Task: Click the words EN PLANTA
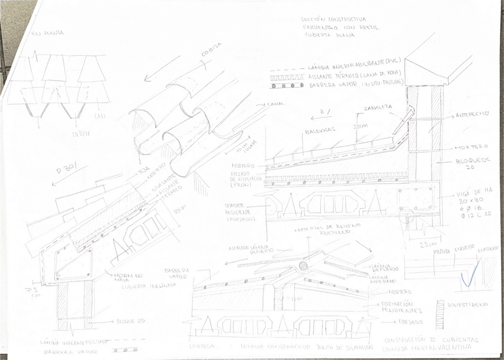(48, 34)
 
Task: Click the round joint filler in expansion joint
(303, 266)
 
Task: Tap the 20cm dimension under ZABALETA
(357, 126)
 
